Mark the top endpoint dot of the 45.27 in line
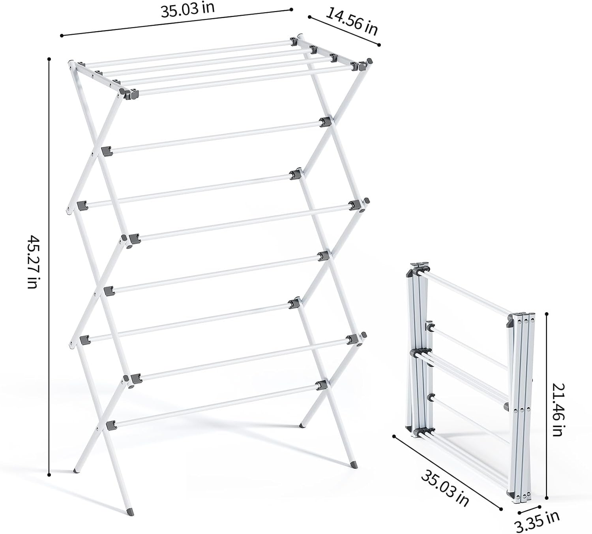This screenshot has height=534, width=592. point(49,60)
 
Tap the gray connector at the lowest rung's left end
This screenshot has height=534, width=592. point(111,425)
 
